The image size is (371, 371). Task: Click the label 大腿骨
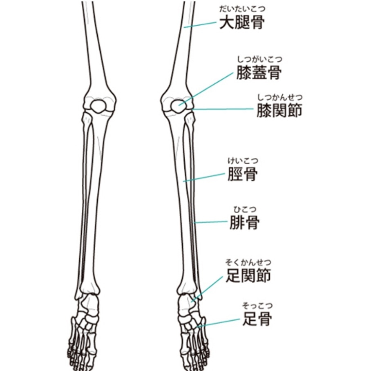click(x=242, y=23)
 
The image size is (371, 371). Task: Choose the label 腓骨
click(x=244, y=223)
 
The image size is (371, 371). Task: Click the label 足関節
click(x=248, y=276)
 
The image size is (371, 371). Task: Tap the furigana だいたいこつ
click(x=242, y=9)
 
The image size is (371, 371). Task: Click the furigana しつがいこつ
click(x=259, y=60)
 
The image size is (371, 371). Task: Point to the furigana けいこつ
click(x=243, y=161)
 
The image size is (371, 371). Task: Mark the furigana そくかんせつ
click(x=248, y=262)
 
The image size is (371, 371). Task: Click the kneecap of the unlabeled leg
click(x=98, y=106)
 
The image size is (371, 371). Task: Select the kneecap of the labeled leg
click(x=177, y=107)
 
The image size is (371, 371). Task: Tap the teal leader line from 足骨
click(x=218, y=323)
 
